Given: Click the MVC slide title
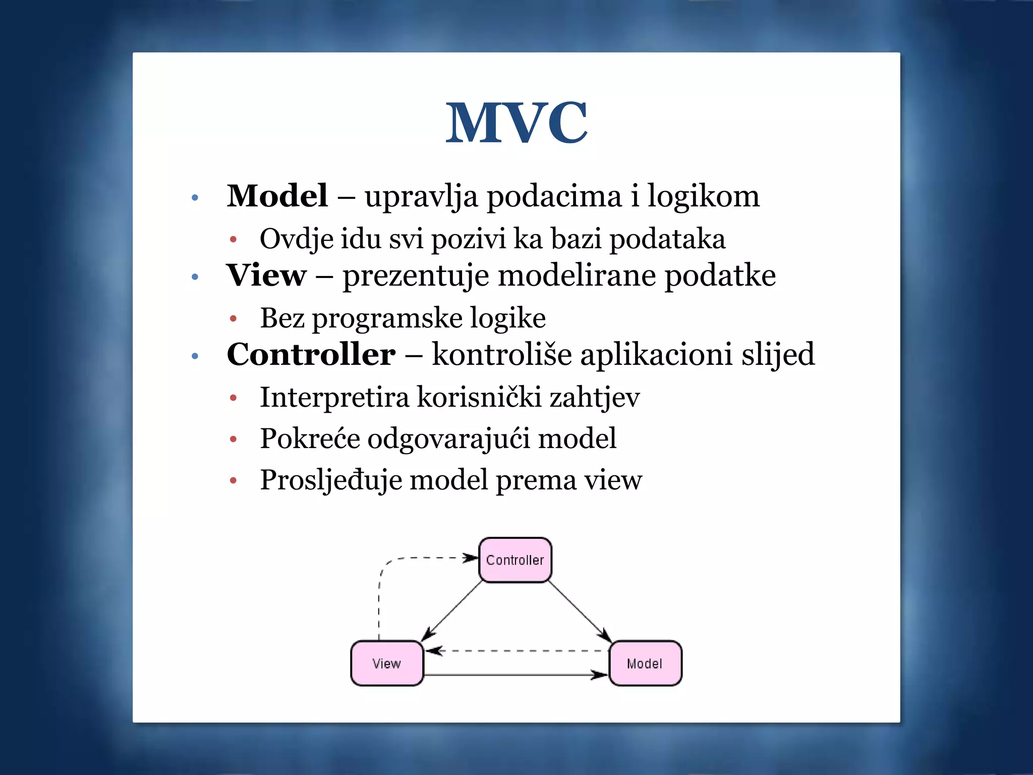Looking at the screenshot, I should pyautogui.click(x=516, y=123).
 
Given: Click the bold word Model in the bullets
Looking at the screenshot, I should pyautogui.click(x=277, y=196).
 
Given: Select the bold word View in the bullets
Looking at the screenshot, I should pyautogui.click(x=266, y=275).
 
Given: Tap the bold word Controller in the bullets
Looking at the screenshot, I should pyautogui.click(x=311, y=354).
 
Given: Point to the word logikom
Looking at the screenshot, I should pyautogui.click(x=703, y=197).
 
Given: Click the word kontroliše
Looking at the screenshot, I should pyautogui.click(x=502, y=354).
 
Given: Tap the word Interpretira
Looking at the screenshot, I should pyautogui.click(x=334, y=397).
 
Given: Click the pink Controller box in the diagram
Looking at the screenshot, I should pyautogui.click(x=515, y=560).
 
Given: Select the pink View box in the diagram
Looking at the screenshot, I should pyautogui.click(x=387, y=663).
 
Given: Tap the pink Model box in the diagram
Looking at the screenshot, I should pyautogui.click(x=645, y=663).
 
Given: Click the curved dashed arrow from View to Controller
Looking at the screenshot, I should pyautogui.click(x=379, y=595).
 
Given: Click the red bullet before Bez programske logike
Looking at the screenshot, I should pyautogui.click(x=233, y=318).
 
